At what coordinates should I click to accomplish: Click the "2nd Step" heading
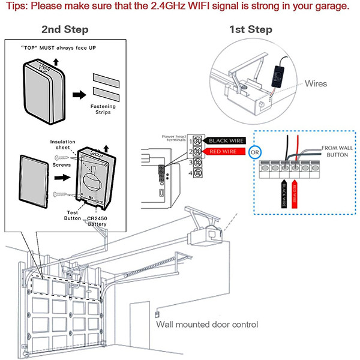point(65,29)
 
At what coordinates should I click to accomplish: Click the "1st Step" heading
point(251,29)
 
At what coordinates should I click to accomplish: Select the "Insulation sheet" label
point(62,145)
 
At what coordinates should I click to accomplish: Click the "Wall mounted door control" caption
point(207,325)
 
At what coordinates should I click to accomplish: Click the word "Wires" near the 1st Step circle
point(316,83)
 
